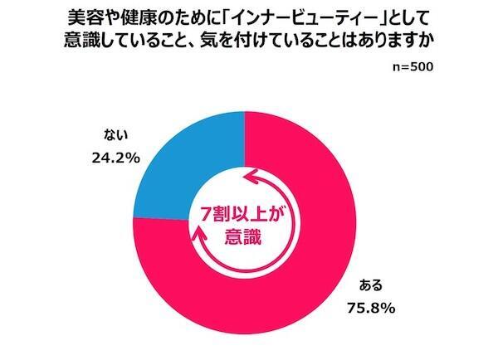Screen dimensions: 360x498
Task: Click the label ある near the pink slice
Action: pos(371,287)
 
